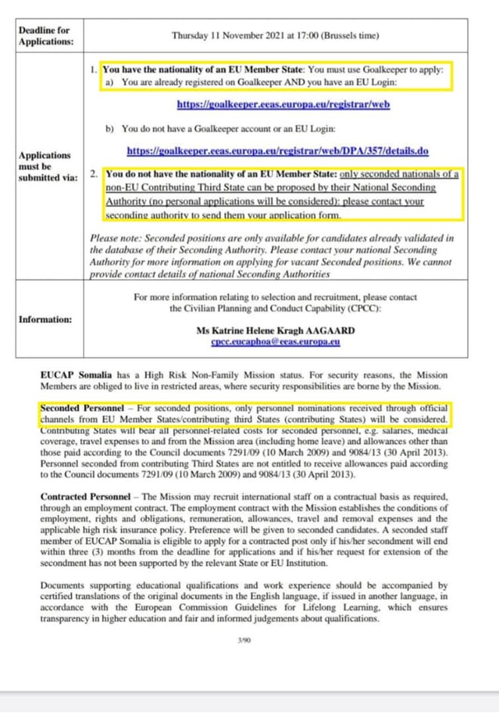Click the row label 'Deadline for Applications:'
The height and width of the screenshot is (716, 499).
point(46,36)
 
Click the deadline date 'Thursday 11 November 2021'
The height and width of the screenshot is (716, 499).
point(227,36)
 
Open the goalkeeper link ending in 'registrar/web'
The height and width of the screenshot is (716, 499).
point(283,104)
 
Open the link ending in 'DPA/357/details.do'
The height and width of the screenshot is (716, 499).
point(278,150)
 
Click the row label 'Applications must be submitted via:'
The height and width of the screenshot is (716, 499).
point(46,166)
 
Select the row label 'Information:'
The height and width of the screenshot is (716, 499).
point(45,319)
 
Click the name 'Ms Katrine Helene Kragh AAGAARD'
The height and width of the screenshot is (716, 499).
point(275,330)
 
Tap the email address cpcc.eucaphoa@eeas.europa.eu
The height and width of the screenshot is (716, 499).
point(275,342)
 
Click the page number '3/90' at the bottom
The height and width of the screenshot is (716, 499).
point(243,640)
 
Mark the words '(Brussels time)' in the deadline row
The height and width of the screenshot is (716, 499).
point(347,36)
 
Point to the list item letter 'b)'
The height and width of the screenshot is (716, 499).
point(110,129)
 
